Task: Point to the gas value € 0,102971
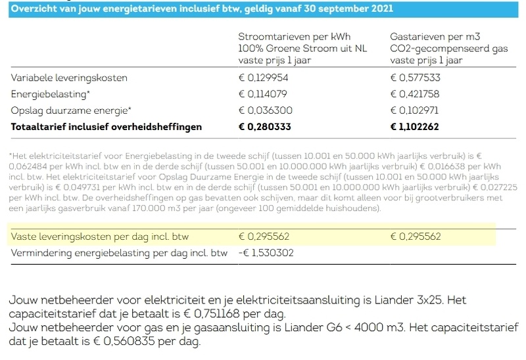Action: tap(416, 110)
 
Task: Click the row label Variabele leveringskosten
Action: tap(69, 78)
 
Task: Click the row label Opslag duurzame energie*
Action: tap(71, 110)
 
